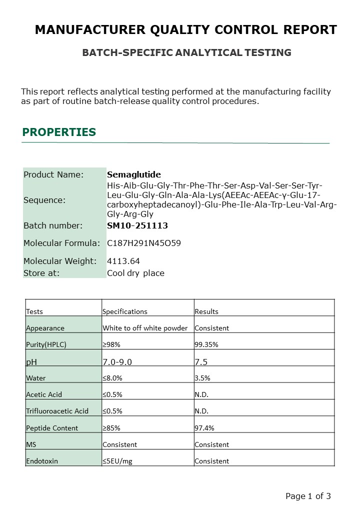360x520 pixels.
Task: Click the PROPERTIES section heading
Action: [59, 132]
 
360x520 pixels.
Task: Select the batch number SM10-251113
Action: [137, 225]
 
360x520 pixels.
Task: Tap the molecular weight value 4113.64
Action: [123, 261]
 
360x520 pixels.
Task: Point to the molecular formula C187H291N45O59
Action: [144, 243]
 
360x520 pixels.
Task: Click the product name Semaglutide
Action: [134, 174]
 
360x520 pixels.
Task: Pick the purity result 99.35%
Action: [206, 345]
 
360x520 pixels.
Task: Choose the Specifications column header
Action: [125, 311]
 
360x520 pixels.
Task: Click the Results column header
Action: [206, 311]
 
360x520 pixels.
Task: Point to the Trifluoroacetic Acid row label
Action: [57, 411]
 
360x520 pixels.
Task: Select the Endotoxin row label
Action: [42, 461]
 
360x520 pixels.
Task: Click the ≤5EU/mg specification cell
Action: [117, 461]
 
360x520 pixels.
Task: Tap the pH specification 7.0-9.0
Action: [117, 361]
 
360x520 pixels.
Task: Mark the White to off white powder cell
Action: [145, 328]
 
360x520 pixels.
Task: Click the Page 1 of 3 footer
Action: [308, 496]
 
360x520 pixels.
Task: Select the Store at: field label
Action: [41, 273]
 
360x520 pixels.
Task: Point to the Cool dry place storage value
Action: [135, 273]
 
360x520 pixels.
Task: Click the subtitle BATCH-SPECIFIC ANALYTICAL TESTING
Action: [186, 52]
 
